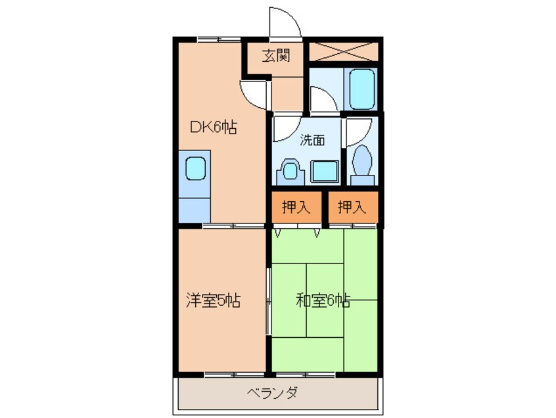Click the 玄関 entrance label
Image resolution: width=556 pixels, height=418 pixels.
click(x=276, y=56)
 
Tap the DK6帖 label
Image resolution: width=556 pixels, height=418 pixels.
click(x=214, y=127)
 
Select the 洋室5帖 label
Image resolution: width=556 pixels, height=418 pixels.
click(x=214, y=300)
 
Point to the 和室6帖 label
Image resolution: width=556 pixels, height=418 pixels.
click(x=323, y=300)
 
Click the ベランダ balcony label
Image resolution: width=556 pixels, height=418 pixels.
click(x=272, y=393)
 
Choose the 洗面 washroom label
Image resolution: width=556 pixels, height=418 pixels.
click(x=312, y=140)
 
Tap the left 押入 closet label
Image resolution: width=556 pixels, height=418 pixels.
click(x=296, y=207)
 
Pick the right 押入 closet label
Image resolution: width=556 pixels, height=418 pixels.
click(x=352, y=207)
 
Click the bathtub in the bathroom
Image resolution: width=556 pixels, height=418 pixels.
click(x=361, y=89)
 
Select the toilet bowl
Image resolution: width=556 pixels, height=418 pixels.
click(x=362, y=165)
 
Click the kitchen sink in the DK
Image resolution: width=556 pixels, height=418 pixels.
click(x=196, y=168)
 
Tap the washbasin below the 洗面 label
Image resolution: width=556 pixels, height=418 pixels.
click(x=290, y=172)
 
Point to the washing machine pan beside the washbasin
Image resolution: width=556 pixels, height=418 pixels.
click(x=325, y=172)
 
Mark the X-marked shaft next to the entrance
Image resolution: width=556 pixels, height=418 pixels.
click(x=343, y=51)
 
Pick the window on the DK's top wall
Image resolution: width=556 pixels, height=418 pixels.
click(x=219, y=39)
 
